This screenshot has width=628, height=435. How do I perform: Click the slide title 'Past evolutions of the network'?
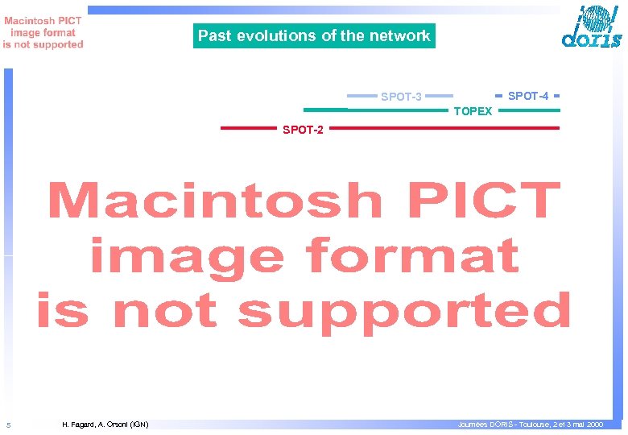(314, 35)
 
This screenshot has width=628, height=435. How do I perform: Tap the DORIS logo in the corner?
(591, 28)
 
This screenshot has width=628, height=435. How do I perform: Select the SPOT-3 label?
(401, 97)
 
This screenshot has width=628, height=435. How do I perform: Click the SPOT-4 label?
(528, 96)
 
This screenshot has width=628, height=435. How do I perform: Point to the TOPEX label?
(473, 111)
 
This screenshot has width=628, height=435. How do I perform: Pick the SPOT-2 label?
(303, 130)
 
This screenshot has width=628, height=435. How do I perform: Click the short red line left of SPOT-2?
(248, 127)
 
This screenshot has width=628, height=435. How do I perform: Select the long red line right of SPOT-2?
(444, 127)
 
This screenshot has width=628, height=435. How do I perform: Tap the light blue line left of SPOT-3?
(362, 94)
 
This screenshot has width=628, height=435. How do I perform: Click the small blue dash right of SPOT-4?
(556, 94)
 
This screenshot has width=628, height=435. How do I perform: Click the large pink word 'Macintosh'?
(214, 201)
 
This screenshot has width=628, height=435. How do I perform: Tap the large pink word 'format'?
(411, 257)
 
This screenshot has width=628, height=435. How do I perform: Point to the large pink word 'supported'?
(405, 313)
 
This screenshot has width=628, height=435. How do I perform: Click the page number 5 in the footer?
(8, 425)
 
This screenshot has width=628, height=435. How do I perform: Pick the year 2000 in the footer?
(594, 424)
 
